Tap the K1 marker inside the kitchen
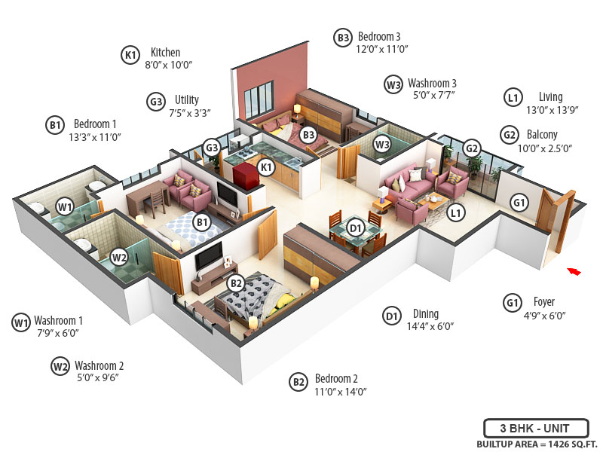[x=265, y=167]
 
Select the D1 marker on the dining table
[x=356, y=227]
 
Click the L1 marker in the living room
[x=455, y=213]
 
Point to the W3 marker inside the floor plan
[x=382, y=144]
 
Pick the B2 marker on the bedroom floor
[x=236, y=283]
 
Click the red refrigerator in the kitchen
[x=244, y=176]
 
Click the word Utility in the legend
[x=187, y=99]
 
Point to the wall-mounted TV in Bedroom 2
[x=208, y=256]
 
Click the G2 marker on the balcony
[x=472, y=148]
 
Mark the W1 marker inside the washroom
[x=64, y=206]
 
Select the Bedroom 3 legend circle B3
[x=343, y=36]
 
